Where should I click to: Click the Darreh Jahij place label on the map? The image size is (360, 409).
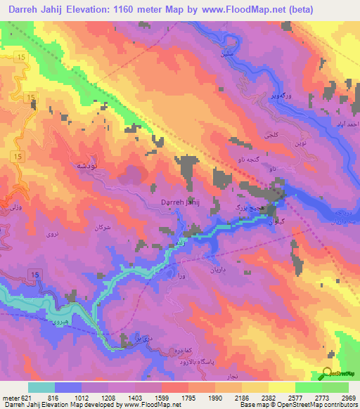coord(181,202)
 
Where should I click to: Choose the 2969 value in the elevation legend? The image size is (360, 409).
coord(339,397)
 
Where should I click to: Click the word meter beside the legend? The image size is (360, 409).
coord(9,397)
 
